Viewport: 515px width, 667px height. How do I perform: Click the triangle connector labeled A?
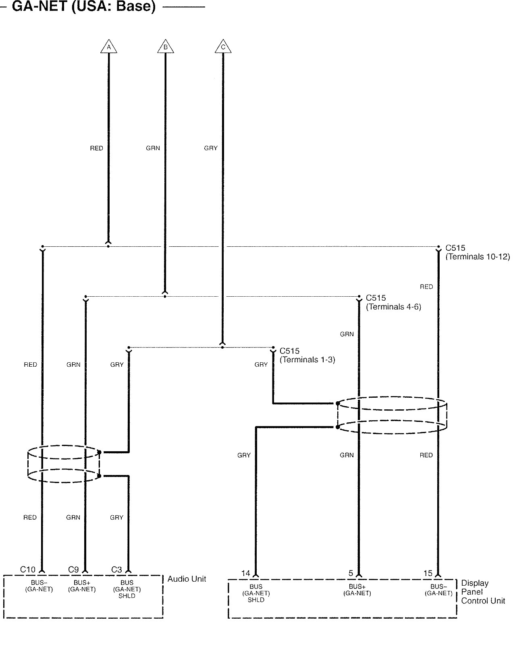(108, 47)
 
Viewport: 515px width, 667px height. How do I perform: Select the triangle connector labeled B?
(165, 47)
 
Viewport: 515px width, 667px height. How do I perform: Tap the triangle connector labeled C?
(223, 47)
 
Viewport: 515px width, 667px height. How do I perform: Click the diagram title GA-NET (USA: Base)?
(84, 7)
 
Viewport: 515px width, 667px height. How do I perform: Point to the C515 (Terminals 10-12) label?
(477, 252)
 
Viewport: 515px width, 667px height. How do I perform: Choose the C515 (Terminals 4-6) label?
(393, 302)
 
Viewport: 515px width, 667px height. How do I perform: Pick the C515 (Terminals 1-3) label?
(307, 355)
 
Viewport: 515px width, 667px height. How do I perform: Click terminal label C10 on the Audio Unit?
(28, 570)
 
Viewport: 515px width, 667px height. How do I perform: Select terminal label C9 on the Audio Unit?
(73, 570)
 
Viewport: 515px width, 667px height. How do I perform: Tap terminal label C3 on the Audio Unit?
(116, 570)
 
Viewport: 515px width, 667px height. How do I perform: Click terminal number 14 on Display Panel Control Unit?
(246, 573)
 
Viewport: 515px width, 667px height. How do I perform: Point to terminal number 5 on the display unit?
(351, 573)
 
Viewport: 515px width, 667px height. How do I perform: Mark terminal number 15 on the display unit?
(428, 573)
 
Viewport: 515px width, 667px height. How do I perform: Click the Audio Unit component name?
(187, 579)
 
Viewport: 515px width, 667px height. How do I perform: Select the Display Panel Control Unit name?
(482, 592)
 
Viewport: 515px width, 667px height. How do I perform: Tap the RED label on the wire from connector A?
(97, 148)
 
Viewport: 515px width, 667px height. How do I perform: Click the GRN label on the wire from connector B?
(153, 148)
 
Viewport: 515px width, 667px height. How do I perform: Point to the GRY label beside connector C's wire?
(211, 148)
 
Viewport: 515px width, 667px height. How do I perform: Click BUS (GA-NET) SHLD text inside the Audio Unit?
(127, 589)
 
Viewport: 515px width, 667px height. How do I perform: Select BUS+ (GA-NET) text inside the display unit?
(357, 590)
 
